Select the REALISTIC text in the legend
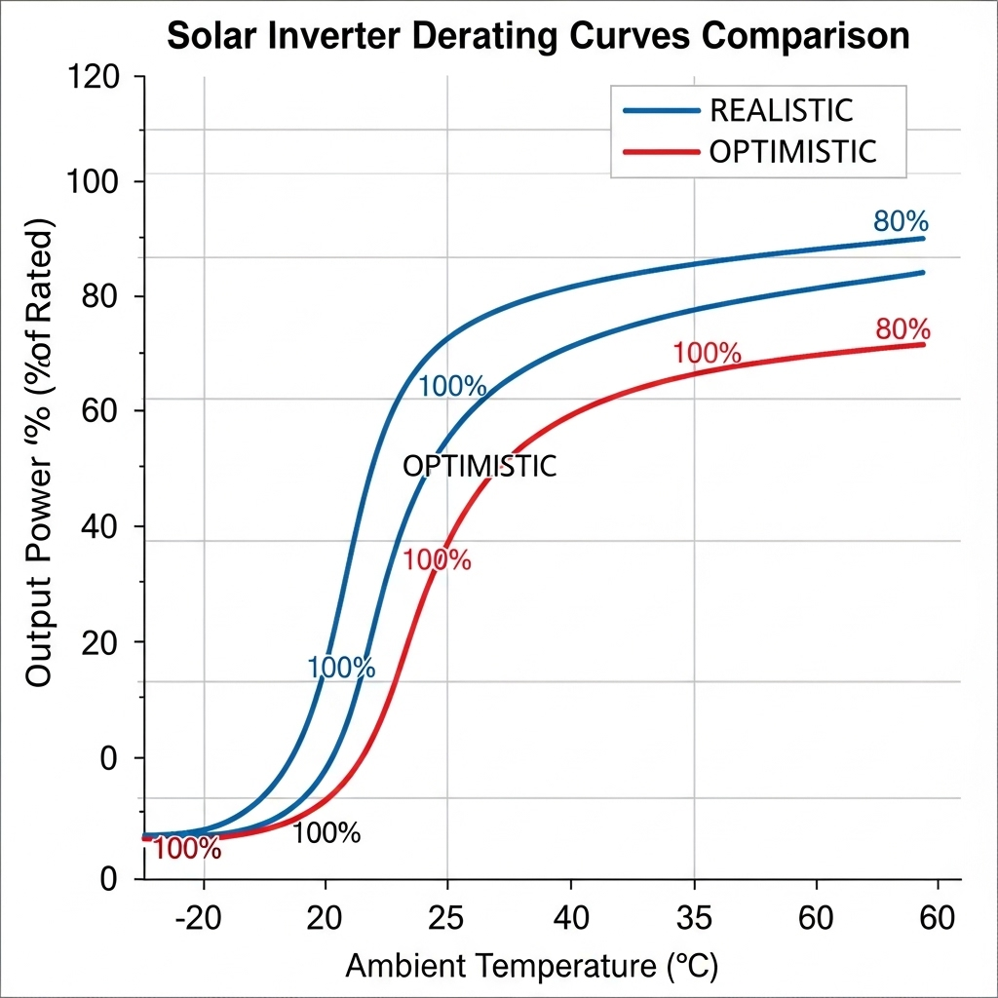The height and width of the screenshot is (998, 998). coord(781,110)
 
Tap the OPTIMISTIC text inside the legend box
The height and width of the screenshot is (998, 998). coord(793,152)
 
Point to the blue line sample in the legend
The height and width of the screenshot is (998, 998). coord(661,111)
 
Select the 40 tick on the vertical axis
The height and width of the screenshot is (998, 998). coord(97,526)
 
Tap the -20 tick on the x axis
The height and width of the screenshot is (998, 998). coord(203,918)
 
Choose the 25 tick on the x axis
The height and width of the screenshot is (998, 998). coord(446,918)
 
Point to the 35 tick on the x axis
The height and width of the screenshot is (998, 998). coord(693,918)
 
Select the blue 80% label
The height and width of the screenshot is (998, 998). coord(900,220)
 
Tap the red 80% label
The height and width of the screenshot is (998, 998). coord(902,329)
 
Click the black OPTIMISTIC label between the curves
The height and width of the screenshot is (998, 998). coord(480,467)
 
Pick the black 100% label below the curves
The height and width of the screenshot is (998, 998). coord(326,833)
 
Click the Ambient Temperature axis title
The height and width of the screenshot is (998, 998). coord(532,967)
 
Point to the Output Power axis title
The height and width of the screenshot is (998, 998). coord(39,458)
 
